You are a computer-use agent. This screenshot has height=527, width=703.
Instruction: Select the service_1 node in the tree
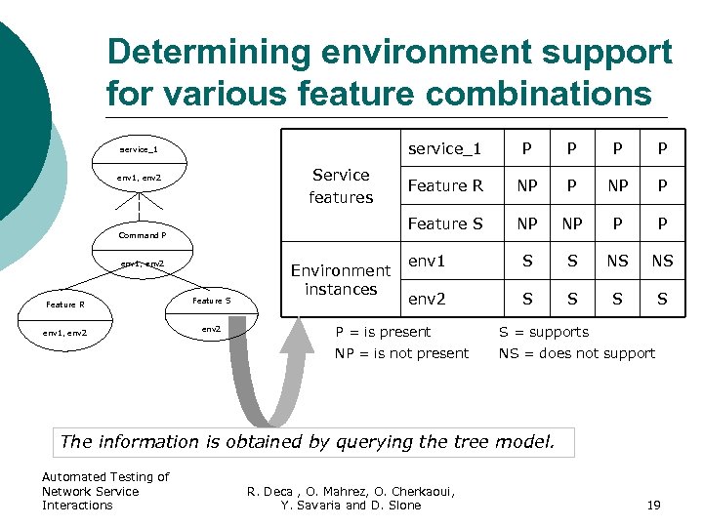139,150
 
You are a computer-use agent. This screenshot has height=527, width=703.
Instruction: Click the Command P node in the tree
142,235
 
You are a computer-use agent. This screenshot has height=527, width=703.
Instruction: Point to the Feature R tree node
66,304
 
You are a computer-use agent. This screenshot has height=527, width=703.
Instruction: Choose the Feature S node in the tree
210,301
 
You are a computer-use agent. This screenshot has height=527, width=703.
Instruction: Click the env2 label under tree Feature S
210,328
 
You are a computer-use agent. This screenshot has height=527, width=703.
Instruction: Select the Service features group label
341,185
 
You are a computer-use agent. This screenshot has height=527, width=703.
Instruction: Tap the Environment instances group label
341,279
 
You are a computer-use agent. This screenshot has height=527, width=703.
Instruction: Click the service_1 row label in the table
444,148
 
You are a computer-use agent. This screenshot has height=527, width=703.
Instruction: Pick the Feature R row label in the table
444,185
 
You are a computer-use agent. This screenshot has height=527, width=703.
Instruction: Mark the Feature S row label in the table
444,223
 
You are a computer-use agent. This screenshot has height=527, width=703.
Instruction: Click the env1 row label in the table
427,262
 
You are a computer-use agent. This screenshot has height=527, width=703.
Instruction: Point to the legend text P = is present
383,332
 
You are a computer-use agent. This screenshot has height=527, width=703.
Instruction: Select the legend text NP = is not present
401,353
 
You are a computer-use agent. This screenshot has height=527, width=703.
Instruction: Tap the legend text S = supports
544,332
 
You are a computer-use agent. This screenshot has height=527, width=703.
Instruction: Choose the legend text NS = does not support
577,353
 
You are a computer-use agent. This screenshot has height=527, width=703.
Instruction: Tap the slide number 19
654,505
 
